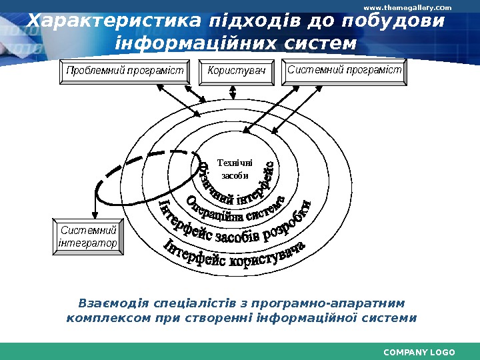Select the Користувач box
pos(237,71)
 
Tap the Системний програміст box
pos(345,70)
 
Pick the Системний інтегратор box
pos(88,237)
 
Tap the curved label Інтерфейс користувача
pos(233,257)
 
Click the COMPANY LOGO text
pos(419,352)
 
